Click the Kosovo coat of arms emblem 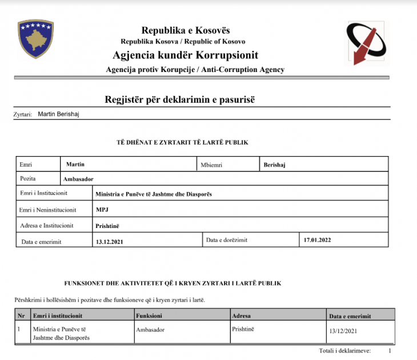click(35, 39)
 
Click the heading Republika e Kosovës click(186, 30)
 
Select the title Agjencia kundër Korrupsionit click(186, 55)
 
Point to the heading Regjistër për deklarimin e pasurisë click(179, 99)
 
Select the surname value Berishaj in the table click(274, 165)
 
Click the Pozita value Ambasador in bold click(78, 179)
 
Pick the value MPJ click(102, 209)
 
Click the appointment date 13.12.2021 click(109, 241)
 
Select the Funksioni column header click(150, 315)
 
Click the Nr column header click(21, 315)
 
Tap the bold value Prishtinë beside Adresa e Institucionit click(107, 225)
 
